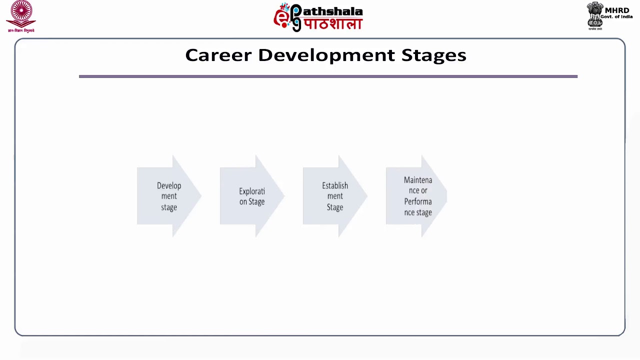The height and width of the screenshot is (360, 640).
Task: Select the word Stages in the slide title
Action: (x=433, y=55)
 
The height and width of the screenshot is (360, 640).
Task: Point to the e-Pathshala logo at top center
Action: (x=318, y=17)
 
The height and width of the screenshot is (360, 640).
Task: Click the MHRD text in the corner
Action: (x=617, y=10)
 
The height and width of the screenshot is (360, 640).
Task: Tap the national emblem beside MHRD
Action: (x=595, y=15)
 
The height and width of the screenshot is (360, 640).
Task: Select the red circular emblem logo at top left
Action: (x=21, y=13)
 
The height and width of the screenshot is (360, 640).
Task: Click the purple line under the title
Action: (x=328, y=76)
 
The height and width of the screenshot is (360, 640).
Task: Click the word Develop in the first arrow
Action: (x=169, y=185)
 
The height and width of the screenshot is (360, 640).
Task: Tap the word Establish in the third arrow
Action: (x=335, y=185)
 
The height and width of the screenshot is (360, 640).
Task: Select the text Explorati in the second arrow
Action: (x=252, y=191)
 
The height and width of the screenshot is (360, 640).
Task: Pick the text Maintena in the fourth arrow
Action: (x=418, y=180)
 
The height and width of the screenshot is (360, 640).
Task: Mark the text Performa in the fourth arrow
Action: (x=418, y=201)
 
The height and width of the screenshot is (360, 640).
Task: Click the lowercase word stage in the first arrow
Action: (x=169, y=207)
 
